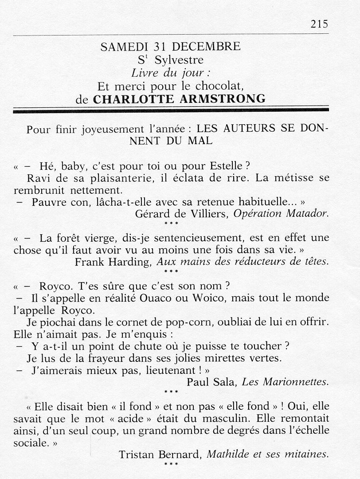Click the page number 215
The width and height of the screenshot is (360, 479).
319,24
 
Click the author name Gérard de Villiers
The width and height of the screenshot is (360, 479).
182,213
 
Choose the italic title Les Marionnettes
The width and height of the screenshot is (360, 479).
285,381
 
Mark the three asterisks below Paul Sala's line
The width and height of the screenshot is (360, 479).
171,392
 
